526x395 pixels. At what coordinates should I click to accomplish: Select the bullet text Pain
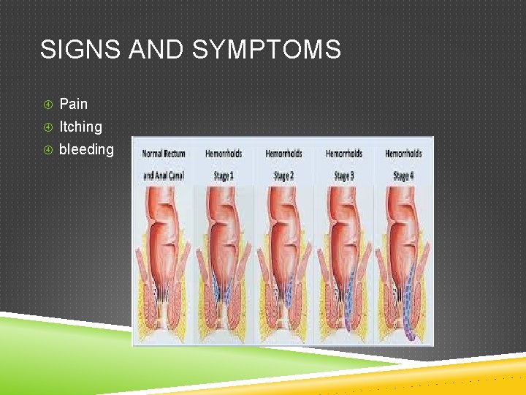[x=73, y=104]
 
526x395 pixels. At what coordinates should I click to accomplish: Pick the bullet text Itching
[x=80, y=127]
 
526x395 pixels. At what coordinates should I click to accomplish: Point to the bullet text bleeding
[x=86, y=149]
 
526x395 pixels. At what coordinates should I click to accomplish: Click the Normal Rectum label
[x=164, y=154]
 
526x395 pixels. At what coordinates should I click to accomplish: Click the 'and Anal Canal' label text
[x=164, y=176]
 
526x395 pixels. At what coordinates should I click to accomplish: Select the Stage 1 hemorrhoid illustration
[x=223, y=256]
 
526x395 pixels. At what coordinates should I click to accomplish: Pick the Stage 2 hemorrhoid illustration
[x=283, y=256]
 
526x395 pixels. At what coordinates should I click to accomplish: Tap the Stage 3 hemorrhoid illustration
[x=343, y=256]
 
